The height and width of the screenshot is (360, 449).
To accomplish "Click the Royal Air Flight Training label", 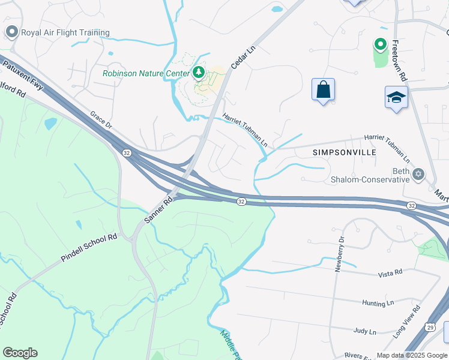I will tap(65, 32).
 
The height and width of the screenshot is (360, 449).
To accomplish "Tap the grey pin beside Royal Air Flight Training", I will tap(11, 32).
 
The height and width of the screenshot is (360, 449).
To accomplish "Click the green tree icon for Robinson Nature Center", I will tap(199, 73).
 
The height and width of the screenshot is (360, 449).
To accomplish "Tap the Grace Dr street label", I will tap(101, 120).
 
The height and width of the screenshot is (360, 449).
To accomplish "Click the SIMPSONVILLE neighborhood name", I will tap(345, 152).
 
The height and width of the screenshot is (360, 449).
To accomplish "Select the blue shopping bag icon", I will tap(323, 90).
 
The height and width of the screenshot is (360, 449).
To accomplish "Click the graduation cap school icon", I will tap(396, 98).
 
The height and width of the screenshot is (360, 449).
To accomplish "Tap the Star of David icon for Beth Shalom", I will tap(418, 174).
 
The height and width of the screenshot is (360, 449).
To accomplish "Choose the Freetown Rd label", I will tap(400, 61).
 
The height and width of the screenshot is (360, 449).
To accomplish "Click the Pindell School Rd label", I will tap(89, 248).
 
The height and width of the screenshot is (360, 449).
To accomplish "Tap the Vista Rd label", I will tap(390, 274).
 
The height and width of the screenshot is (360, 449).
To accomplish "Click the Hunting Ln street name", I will tap(378, 304).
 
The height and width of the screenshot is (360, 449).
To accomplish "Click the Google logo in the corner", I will tap(20, 353).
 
